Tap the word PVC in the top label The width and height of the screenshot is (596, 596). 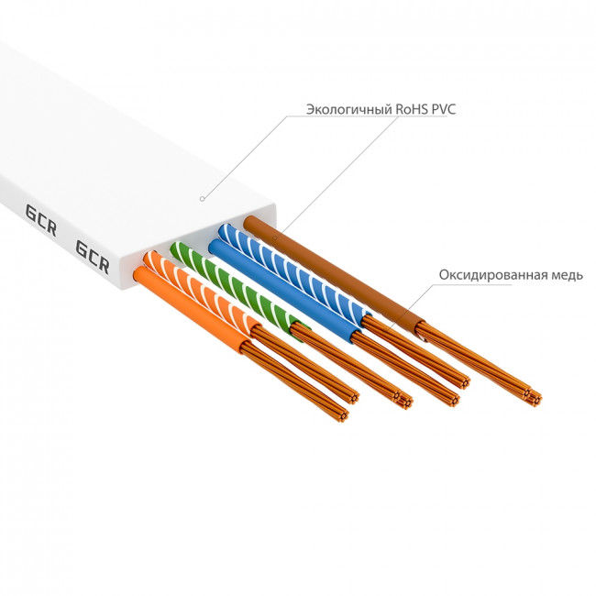[x=441, y=110]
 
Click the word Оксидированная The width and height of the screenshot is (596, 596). [x=495, y=275]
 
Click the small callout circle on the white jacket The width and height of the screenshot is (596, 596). [x=203, y=196]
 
